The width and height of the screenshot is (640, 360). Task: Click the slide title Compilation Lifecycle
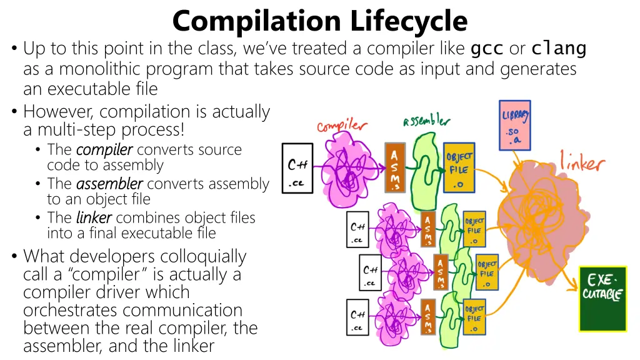[319, 21]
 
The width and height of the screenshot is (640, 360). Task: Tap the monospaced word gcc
[487, 48]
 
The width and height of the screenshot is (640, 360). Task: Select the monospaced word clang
[559, 48]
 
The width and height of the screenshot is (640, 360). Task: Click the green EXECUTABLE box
[602, 299]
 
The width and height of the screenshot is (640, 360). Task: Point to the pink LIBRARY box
[515, 125]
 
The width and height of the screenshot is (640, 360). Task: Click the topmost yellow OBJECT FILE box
[459, 167]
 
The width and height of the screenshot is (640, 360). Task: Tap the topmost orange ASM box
[395, 167]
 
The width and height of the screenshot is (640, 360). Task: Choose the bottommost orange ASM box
[428, 317]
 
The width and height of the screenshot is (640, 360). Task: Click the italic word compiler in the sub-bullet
[104, 150]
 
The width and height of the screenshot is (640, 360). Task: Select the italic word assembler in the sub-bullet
[109, 184]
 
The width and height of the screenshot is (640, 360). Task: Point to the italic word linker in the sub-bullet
[94, 217]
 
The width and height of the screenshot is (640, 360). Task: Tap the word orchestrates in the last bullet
[70, 310]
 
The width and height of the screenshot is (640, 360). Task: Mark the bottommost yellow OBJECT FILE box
[474, 317]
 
